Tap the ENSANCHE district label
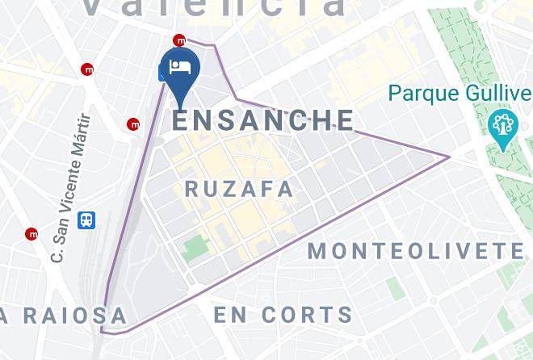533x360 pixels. [263, 120]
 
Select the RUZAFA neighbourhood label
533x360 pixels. [239, 189]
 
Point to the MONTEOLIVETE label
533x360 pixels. [416, 251]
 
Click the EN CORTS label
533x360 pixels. [283, 314]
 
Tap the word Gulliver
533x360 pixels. [498, 94]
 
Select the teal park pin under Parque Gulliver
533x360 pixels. [502, 128]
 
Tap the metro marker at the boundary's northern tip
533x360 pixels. [180, 40]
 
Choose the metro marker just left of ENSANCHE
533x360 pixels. [133, 124]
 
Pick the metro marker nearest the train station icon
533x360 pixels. [31, 234]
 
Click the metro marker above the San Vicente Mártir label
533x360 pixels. [87, 69]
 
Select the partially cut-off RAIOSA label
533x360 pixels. [65, 316]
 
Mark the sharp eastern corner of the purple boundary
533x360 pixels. [449, 156]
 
